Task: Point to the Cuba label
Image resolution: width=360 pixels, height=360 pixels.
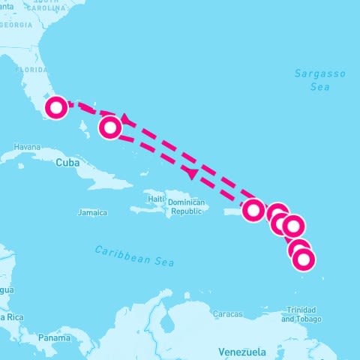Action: pyautogui.click(x=67, y=162)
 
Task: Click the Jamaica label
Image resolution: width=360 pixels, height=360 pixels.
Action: pyautogui.click(x=92, y=213)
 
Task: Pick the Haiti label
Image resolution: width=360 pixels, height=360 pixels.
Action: pyautogui.click(x=155, y=199)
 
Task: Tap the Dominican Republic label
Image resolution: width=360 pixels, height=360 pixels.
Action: pyautogui.click(x=185, y=207)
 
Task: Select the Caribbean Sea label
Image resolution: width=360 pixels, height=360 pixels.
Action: pyautogui.click(x=134, y=256)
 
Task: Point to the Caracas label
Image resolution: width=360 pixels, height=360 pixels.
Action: pyautogui.click(x=227, y=313)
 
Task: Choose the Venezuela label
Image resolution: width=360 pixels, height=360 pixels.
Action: pyautogui.click(x=241, y=352)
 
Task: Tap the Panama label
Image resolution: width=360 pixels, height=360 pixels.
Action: pyautogui.click(x=54, y=338)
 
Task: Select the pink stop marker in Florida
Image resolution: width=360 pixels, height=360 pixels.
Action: pyautogui.click(x=55, y=108)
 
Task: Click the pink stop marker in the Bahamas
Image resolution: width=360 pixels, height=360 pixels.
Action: pyautogui.click(x=110, y=128)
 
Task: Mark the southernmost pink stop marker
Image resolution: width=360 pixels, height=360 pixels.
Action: pyautogui.click(x=303, y=260)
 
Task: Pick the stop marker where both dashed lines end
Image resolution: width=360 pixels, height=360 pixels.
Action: pyautogui.click(x=254, y=209)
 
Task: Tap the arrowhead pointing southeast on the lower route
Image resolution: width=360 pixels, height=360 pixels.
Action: pyautogui.click(x=192, y=174)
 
